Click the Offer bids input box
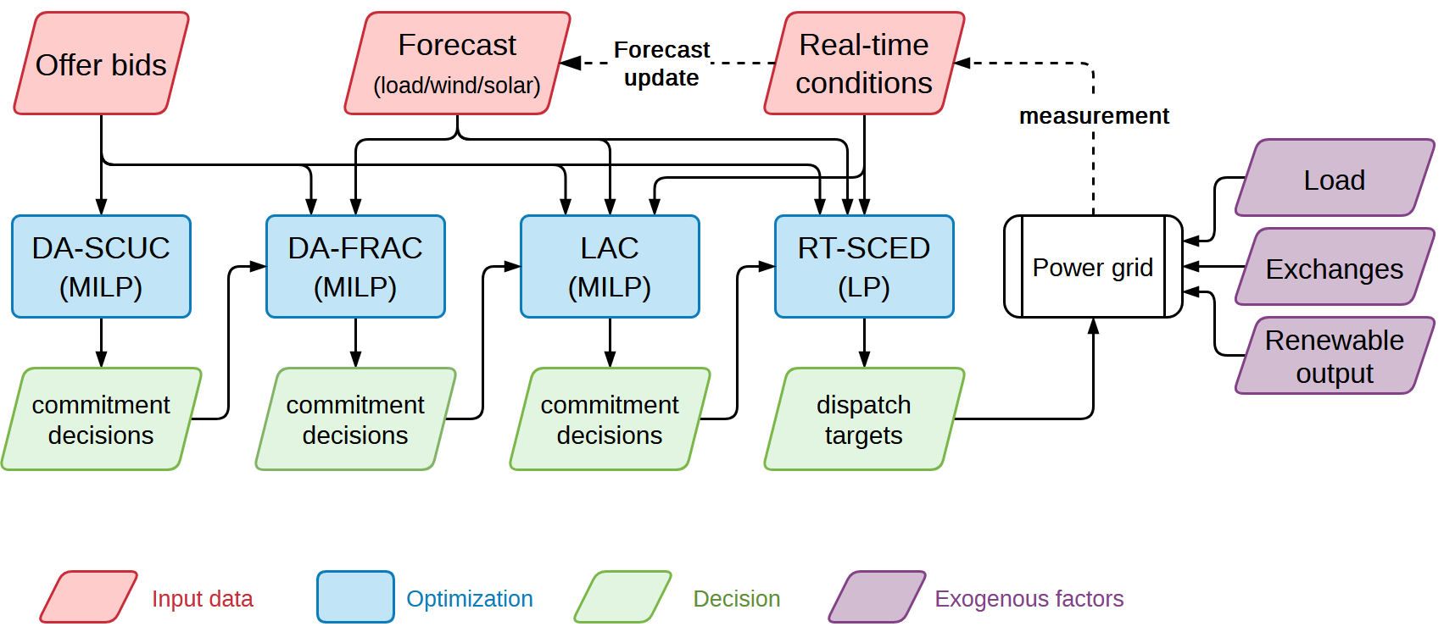[101, 64]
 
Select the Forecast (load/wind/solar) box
[457, 64]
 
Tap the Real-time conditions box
[864, 64]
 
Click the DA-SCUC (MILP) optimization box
[101, 267]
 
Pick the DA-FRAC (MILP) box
[355, 267]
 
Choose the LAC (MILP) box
[610, 267]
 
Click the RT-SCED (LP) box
[864, 267]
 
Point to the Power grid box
[1093, 267]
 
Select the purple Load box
[1334, 179]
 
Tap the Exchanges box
[1334, 268]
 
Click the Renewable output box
[1334, 356]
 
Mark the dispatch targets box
[864, 419]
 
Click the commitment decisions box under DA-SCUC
[101, 419]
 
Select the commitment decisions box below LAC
[610, 419]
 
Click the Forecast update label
[661, 64]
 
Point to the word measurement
[1094, 116]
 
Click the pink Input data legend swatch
[89, 597]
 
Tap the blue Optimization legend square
[355, 597]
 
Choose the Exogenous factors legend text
[1029, 599]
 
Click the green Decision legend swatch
[623, 597]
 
